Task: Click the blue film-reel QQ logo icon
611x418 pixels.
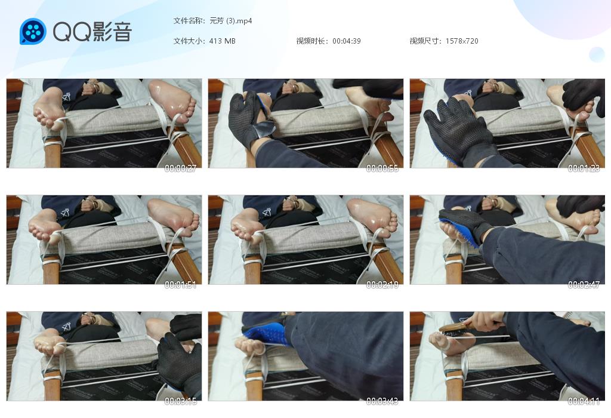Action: (x=33, y=31)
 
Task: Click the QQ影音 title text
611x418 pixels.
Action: (x=92, y=32)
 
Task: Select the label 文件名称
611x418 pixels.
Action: (x=188, y=21)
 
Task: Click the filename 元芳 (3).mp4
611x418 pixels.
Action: (x=231, y=21)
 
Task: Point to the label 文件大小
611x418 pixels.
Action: (x=188, y=41)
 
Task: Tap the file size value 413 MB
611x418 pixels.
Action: (x=222, y=41)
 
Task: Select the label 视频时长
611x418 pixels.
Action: (x=311, y=41)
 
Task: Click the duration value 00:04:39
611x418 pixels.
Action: (x=347, y=41)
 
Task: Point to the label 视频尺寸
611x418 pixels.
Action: (x=424, y=41)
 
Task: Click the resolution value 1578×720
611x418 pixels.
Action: (x=462, y=41)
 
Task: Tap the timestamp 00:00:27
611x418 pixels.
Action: (x=180, y=168)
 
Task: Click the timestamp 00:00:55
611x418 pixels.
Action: (x=382, y=168)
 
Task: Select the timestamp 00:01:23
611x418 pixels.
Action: (x=584, y=168)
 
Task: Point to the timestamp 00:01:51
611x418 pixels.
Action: (x=180, y=285)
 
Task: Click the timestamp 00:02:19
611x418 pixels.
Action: (x=382, y=285)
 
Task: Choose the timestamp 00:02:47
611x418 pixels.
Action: (x=584, y=285)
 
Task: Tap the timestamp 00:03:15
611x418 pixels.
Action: (x=180, y=401)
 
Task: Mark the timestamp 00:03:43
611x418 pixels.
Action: (x=382, y=401)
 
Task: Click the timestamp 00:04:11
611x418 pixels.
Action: (x=584, y=401)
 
